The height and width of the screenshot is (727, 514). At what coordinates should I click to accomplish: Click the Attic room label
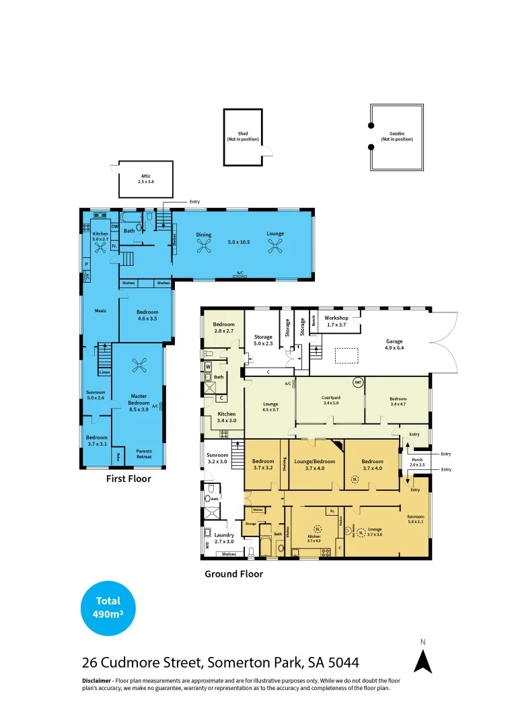coord(145,179)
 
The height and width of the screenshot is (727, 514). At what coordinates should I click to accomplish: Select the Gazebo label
coord(397,137)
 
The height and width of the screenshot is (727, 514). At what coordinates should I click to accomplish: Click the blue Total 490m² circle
coord(108,609)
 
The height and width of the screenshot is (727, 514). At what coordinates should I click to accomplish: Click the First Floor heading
coord(128,479)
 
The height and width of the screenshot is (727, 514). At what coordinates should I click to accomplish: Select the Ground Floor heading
coord(233,574)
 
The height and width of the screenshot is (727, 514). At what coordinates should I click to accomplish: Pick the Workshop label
coord(336,320)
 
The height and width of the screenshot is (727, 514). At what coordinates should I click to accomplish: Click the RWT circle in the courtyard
coord(358,381)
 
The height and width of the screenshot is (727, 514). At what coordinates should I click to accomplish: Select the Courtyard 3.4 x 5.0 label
coord(330,401)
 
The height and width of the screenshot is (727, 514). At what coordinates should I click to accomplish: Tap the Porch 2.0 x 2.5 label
coord(418,461)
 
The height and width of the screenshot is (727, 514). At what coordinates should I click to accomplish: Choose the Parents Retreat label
coord(144,454)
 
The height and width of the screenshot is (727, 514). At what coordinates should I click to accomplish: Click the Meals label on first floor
coord(101,311)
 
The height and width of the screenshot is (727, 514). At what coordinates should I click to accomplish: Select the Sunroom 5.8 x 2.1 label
coord(415,519)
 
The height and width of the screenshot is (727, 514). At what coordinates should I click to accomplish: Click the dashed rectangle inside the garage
coord(346,355)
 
